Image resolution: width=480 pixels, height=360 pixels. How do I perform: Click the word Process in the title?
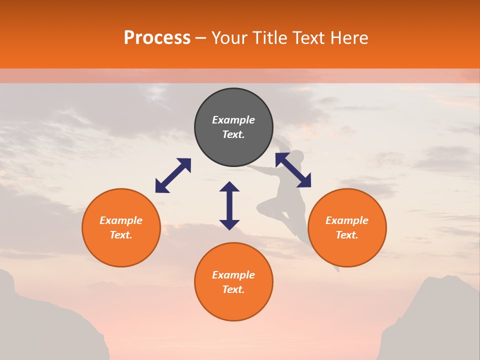tap(157, 38)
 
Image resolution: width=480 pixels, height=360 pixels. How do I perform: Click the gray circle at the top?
tap(233, 127)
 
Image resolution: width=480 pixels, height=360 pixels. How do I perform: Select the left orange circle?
tap(121, 227)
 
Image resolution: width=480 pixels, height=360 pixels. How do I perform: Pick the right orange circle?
tap(347, 227)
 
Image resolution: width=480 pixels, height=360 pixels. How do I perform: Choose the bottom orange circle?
tap(233, 282)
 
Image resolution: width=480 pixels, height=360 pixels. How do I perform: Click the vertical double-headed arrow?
tap(229, 205)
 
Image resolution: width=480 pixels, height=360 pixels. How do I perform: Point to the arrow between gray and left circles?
tap(173, 175)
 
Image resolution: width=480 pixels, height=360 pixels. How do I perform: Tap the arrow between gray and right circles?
tap(293, 170)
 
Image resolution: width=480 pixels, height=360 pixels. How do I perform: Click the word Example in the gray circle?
tap(233, 120)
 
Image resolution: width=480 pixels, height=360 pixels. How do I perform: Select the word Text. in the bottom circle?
tap(233, 289)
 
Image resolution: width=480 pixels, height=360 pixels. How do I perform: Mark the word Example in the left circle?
tap(121, 220)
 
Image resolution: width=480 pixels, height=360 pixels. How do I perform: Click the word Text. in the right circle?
tap(347, 235)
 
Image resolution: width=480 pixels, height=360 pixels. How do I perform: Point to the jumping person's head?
tap(296, 156)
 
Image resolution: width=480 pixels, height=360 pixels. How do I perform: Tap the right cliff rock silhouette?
tap(440, 320)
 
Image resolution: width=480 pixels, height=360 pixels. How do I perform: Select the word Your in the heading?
tap(229, 38)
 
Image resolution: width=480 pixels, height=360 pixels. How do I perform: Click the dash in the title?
tap(201, 38)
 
